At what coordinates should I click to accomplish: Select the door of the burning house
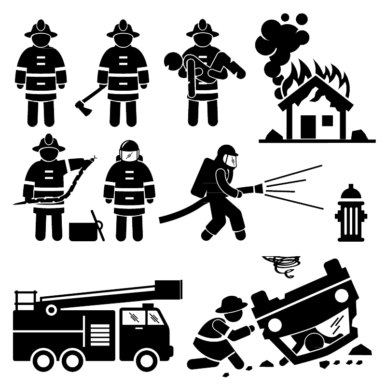click(x=307, y=126)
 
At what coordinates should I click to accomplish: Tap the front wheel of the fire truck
click(x=146, y=359)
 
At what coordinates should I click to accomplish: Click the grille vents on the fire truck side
click(x=100, y=333)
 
